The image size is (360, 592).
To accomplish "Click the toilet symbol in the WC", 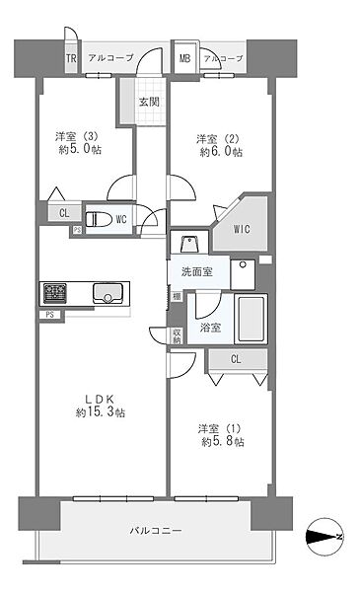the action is [x=99, y=219].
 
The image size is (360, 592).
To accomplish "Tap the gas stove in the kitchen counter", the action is [x=55, y=293].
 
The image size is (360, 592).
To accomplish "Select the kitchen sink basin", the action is [x=108, y=293].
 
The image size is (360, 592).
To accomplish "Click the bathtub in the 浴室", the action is [x=251, y=319].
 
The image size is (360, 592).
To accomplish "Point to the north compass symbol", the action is [x=324, y=537].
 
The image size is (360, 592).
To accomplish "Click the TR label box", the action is [x=71, y=58].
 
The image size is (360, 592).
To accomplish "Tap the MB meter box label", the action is [x=184, y=58].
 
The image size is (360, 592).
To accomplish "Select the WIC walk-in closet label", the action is [x=242, y=229].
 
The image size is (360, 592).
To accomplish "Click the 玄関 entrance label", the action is [x=149, y=102].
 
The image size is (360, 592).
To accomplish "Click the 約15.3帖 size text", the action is [x=101, y=412].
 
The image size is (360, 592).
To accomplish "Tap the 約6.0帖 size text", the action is [x=221, y=152].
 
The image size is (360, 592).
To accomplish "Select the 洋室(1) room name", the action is [x=219, y=429].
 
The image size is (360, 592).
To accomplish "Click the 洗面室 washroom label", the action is [x=197, y=272].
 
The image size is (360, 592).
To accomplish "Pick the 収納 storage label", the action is [x=177, y=335].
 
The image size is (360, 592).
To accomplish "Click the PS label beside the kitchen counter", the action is [x=50, y=314].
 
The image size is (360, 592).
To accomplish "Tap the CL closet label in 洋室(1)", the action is [x=236, y=359].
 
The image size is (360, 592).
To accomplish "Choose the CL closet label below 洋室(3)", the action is [x=64, y=213].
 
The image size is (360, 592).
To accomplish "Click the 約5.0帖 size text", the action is [x=80, y=149].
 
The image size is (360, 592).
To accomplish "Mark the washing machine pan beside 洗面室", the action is [x=243, y=274].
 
